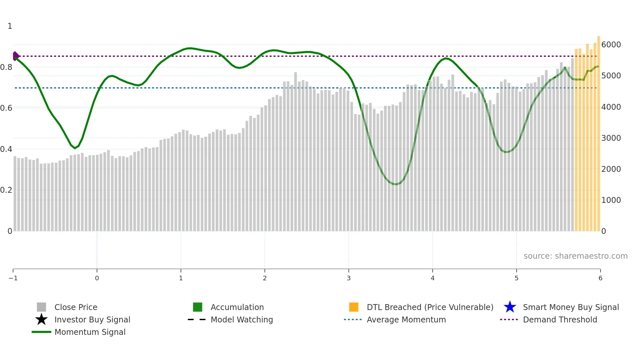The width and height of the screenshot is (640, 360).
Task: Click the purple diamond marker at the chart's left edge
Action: [x=15, y=56]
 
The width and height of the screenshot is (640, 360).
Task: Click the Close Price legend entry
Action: [x=75, y=307]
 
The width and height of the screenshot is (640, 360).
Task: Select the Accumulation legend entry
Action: [x=237, y=307]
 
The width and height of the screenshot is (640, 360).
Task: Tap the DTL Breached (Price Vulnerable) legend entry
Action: [x=430, y=307]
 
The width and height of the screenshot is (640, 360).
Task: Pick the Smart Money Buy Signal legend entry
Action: [x=570, y=307]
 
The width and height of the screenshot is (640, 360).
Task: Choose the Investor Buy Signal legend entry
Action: [x=92, y=319]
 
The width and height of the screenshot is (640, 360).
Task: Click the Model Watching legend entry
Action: [x=241, y=319]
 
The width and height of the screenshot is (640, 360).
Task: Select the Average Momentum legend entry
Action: [x=406, y=319]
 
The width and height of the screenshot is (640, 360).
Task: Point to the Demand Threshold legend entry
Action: [x=560, y=319]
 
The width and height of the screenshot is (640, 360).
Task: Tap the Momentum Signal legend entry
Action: [x=90, y=332]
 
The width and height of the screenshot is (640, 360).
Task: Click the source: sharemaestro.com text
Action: [x=575, y=256]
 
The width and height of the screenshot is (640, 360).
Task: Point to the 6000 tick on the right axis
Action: [x=611, y=45]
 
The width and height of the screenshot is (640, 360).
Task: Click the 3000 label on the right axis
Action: [x=611, y=138]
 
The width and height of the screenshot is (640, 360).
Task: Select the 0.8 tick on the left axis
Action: [x=7, y=67]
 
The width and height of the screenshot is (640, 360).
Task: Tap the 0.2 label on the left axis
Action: [x=7, y=190]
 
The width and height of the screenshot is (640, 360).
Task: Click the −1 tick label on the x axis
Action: [x=13, y=278]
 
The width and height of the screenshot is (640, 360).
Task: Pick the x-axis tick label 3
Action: [x=349, y=278]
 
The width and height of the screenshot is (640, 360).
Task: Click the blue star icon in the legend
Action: [x=510, y=307]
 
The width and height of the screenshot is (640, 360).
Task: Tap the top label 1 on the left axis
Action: [x=10, y=26]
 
